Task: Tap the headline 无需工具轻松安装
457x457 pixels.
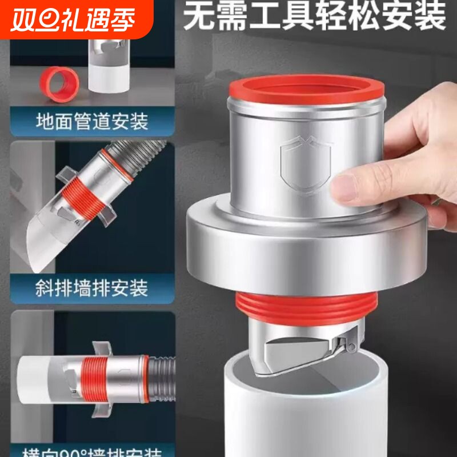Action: coord(314,17)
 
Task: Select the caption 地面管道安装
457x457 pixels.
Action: coord(91,121)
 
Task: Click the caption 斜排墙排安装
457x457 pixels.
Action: coord(91,287)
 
